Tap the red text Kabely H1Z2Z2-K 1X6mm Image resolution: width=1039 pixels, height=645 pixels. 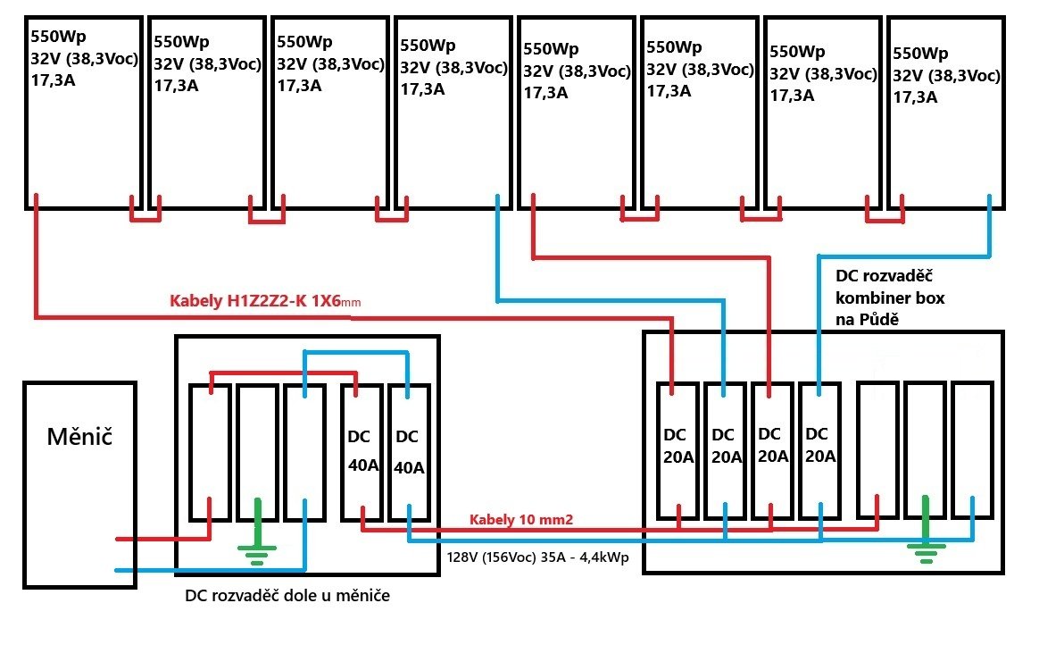[x=264, y=302]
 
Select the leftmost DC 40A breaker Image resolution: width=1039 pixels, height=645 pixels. [x=362, y=452]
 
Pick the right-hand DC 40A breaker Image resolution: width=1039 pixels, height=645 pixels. [x=408, y=452]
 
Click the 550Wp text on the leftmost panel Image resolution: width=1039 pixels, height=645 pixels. [x=58, y=38]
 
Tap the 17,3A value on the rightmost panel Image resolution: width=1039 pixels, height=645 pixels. [x=915, y=97]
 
